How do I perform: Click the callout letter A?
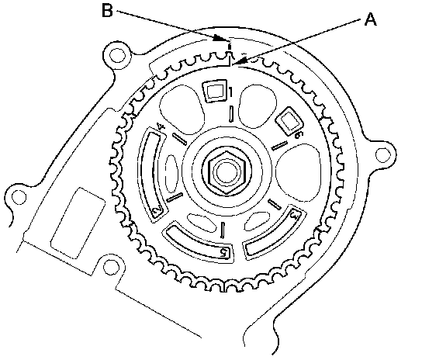[370, 20]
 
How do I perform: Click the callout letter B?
[107, 11]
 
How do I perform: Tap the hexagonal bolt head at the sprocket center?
[227, 172]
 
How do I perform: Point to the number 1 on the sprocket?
[230, 92]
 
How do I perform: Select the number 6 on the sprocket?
[298, 135]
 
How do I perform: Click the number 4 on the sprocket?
[161, 126]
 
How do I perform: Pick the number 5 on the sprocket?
[224, 252]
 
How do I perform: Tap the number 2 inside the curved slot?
[157, 209]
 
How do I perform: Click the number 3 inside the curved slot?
[296, 215]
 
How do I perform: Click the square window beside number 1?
[215, 91]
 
